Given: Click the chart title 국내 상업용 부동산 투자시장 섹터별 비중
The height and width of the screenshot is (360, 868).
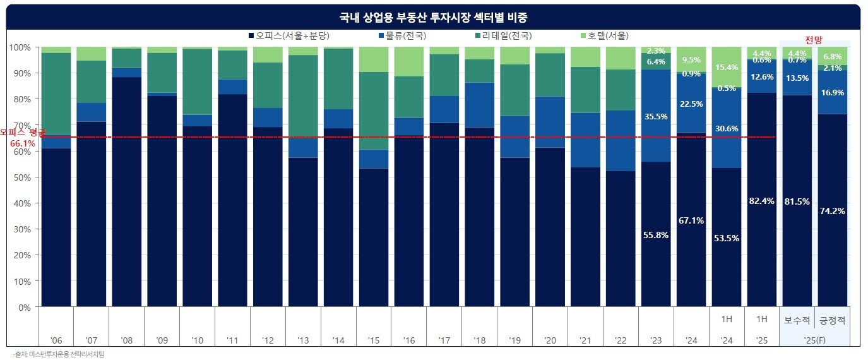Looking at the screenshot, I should (434, 17).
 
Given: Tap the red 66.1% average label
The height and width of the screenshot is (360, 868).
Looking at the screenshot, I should (23, 143).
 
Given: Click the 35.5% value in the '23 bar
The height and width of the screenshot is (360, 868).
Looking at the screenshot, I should (656, 116).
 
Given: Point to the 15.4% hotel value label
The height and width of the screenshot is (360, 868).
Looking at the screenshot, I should (727, 67).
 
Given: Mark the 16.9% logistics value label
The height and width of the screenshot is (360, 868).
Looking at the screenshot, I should (833, 93).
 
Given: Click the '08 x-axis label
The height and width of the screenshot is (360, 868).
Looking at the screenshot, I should (126, 340).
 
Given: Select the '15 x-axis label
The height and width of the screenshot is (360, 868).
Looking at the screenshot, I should (374, 340).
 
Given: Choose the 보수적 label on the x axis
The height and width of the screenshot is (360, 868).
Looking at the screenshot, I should (797, 320).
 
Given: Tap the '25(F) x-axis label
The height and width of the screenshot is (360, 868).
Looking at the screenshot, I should (815, 340).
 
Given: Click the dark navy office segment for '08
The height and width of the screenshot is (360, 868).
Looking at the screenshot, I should (126, 189).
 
